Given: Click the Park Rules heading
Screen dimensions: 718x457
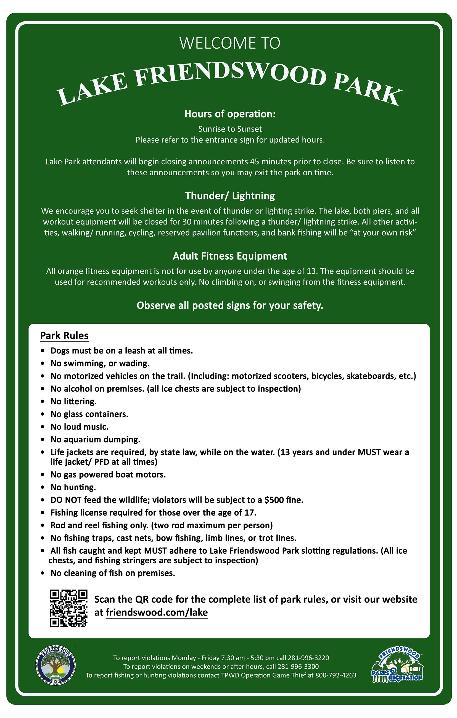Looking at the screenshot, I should pos(64,336).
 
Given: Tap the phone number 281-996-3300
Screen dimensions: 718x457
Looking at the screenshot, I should pos(298,667).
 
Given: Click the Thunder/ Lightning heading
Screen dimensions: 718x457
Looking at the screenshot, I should pos(230,196).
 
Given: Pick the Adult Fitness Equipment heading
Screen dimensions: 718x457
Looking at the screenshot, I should pos(230,256).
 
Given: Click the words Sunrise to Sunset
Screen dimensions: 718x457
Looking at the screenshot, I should pos(230,129).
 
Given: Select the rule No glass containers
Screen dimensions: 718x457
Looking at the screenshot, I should pos(89,414).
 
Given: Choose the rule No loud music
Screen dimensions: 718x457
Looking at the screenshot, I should pos(80,427).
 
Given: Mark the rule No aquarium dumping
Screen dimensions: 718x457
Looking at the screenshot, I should pos(95,440).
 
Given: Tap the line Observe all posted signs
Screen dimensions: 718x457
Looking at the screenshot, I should pos(230,306).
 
